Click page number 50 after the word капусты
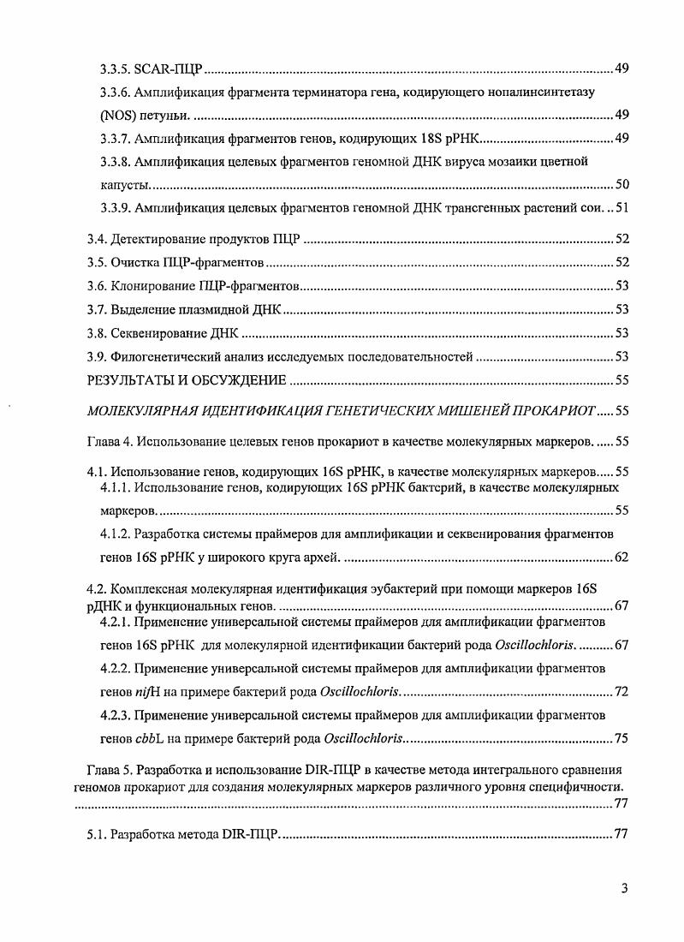pyautogui.click(x=622, y=184)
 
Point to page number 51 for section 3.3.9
pyautogui.click(x=622, y=207)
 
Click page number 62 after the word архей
pyautogui.click(x=622, y=558)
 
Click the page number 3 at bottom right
pyautogui.click(x=625, y=888)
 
